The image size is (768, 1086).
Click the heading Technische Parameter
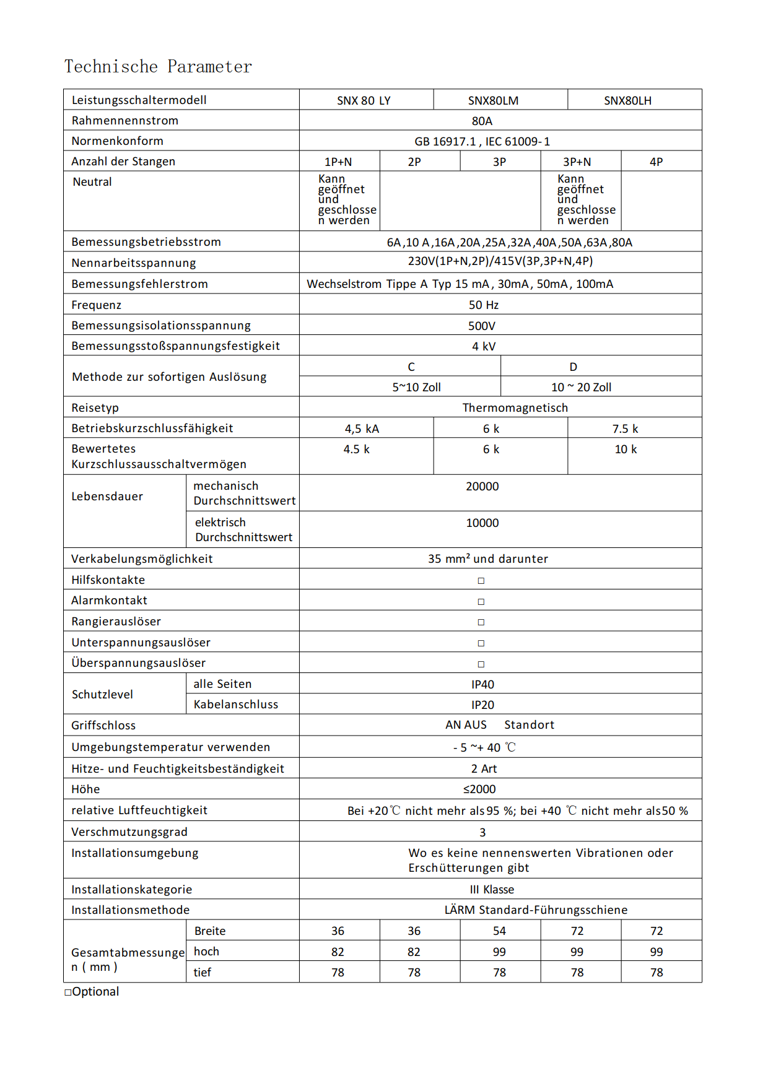click(x=158, y=66)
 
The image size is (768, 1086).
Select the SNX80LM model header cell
click(x=493, y=100)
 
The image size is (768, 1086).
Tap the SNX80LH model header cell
click(x=627, y=100)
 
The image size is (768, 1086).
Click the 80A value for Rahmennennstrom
click(x=482, y=121)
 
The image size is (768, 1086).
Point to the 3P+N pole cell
click(x=577, y=162)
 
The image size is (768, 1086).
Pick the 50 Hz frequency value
click(x=483, y=305)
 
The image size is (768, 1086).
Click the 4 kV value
click(x=484, y=346)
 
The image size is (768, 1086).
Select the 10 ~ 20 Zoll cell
click(x=581, y=387)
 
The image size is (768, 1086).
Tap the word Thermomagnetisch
click(x=515, y=407)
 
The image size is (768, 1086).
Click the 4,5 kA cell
click(x=362, y=428)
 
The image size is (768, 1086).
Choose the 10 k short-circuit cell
click(x=626, y=449)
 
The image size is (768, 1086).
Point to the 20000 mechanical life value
click(x=482, y=486)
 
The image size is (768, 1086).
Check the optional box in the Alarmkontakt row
click(x=481, y=601)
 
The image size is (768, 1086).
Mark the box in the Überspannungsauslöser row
click(x=481, y=664)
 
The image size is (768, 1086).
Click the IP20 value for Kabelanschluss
click(x=482, y=705)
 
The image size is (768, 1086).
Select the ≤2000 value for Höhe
click(x=479, y=789)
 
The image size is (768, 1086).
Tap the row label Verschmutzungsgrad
click(x=129, y=832)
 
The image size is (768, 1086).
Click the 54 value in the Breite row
click(x=499, y=931)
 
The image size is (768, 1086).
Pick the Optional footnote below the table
click(x=92, y=991)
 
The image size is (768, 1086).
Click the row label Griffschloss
click(x=103, y=725)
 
